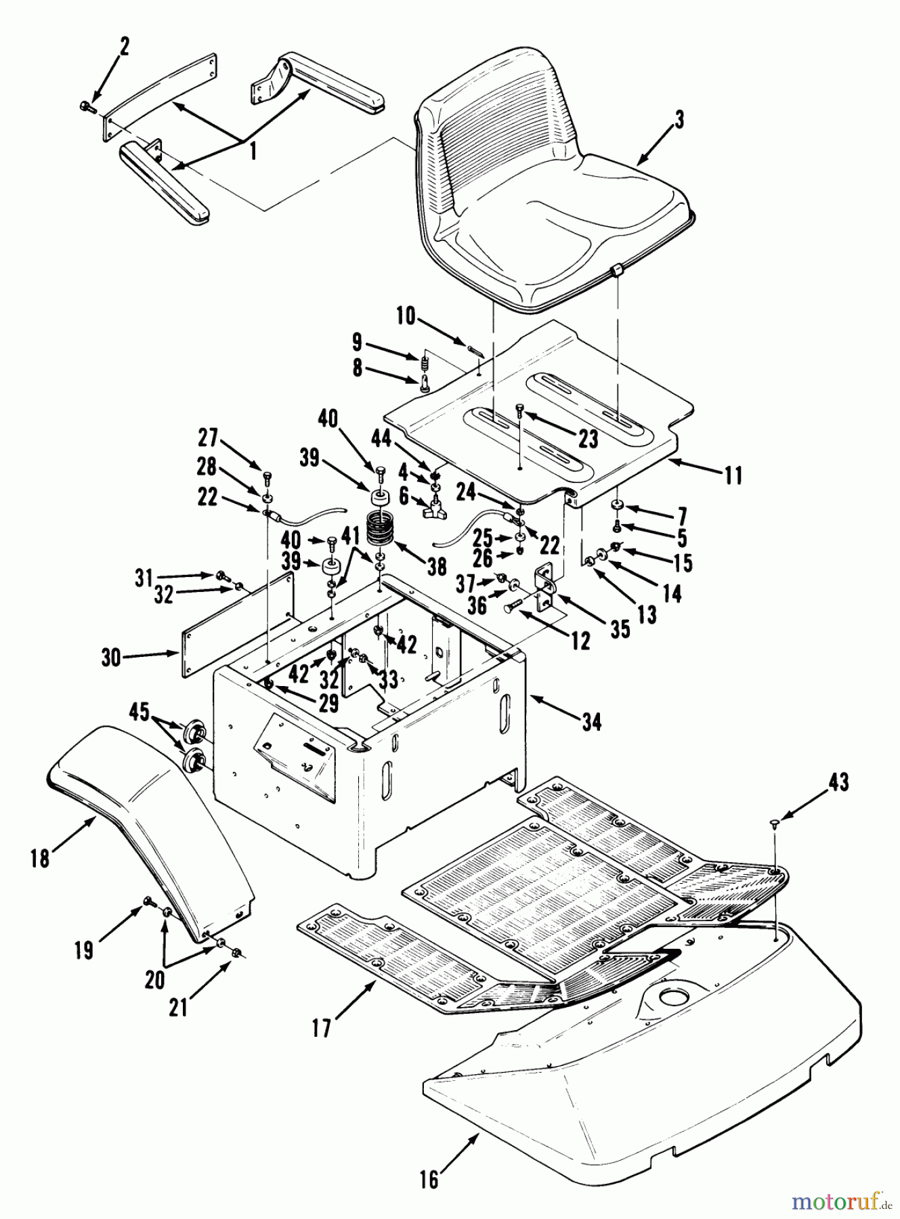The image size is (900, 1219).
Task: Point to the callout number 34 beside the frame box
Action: (x=591, y=723)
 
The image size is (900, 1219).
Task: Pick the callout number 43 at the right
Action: (x=839, y=783)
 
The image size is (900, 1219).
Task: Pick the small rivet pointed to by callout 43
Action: (x=775, y=821)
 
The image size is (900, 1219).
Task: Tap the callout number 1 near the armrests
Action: (x=253, y=152)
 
